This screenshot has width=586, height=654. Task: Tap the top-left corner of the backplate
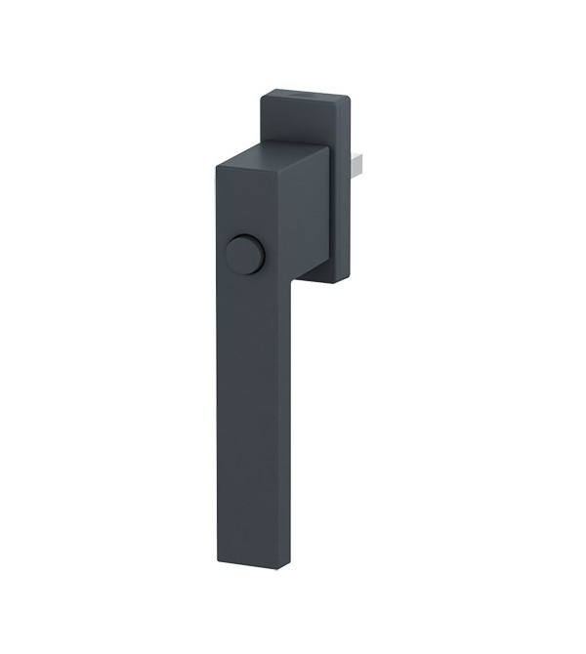pyautogui.click(x=261, y=96)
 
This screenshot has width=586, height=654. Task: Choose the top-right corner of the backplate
pyautogui.click(x=349, y=98)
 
